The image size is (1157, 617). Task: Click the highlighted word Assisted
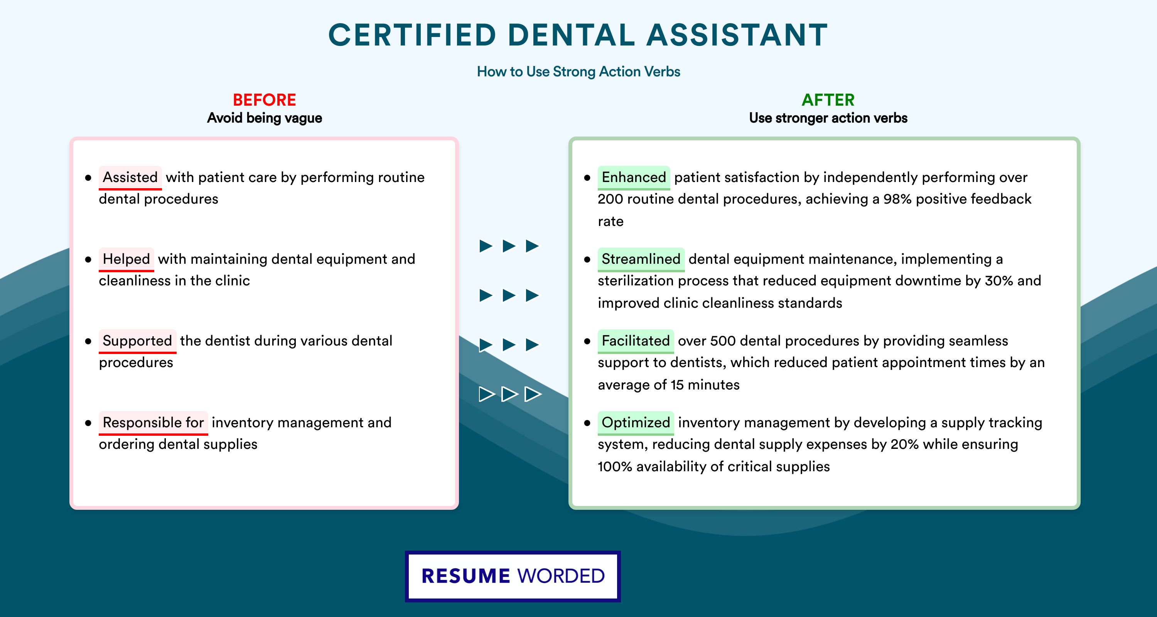[x=130, y=177]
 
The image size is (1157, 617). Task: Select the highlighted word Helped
[x=126, y=259]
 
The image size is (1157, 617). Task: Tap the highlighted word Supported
[x=137, y=341]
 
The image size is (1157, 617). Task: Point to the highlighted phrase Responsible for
[x=153, y=423]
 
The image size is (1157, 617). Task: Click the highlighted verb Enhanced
[x=634, y=177]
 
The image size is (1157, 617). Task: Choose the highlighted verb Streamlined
[x=641, y=259]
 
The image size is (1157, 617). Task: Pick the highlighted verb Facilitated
[x=636, y=341]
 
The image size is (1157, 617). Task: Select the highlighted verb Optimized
[x=636, y=423]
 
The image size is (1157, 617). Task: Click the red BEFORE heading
[x=265, y=100]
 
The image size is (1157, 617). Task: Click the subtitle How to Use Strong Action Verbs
[x=578, y=71]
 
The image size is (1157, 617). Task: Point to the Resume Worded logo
[x=513, y=576]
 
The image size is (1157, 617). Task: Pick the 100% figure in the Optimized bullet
[x=615, y=467]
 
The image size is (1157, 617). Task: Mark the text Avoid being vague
[x=265, y=118]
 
